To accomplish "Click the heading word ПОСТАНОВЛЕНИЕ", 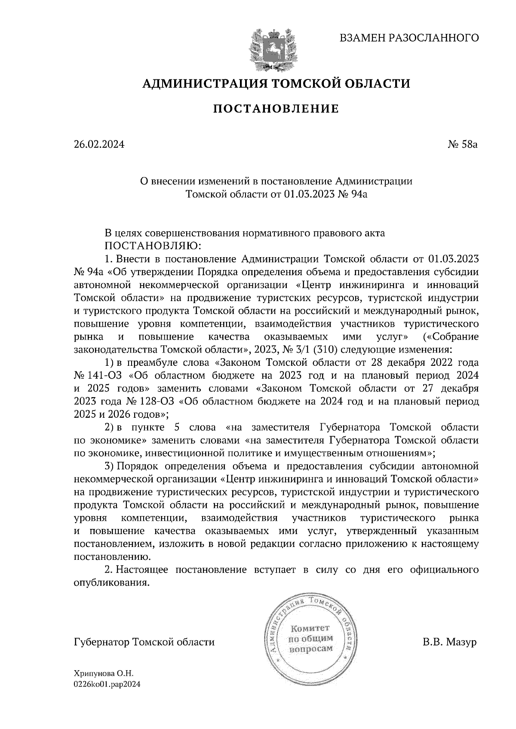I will (276, 109).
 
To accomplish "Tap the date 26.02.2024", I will (99, 145).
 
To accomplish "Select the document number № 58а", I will (463, 145).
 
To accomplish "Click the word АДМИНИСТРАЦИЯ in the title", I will (200, 83).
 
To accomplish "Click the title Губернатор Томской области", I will (144, 643).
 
